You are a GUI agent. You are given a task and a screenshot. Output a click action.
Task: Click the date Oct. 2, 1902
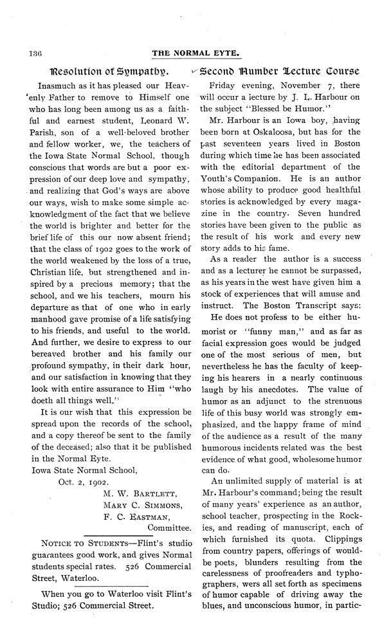[x=85, y=480]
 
